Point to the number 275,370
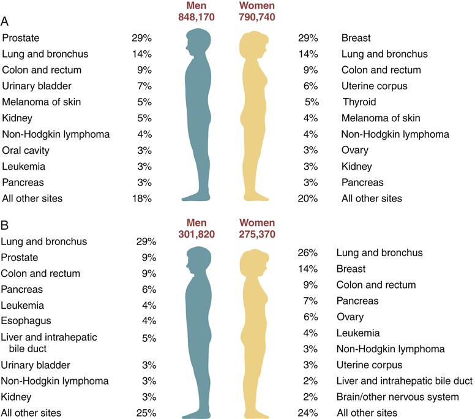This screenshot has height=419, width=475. pyautogui.click(x=257, y=233)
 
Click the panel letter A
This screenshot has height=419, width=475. pyautogui.click(x=5, y=21)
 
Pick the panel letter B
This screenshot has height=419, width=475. pyautogui.click(x=5, y=224)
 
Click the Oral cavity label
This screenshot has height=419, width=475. pyautogui.click(x=26, y=150)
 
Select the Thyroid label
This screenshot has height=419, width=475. pyautogui.click(x=359, y=102)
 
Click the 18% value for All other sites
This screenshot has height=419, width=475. pyautogui.click(x=141, y=198)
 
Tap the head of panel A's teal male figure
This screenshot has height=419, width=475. pyautogui.click(x=199, y=42)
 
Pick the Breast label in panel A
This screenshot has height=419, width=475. pyautogui.click(x=356, y=38)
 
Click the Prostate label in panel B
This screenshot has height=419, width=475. pyautogui.click(x=20, y=257)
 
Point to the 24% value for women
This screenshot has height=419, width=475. pyautogui.click(x=310, y=412)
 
